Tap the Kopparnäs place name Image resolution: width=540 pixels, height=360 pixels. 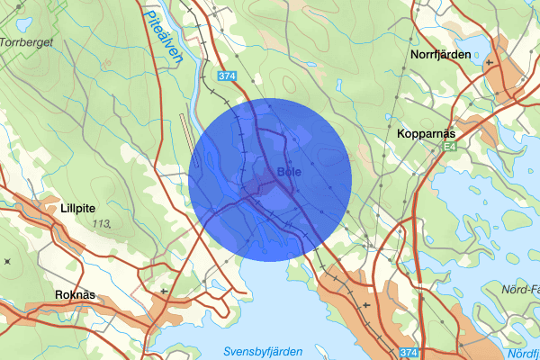[427, 133]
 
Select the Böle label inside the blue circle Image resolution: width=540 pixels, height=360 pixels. [289, 171]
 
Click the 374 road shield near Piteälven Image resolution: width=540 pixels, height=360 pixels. [227, 77]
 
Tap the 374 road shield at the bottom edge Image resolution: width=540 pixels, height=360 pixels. [409, 352]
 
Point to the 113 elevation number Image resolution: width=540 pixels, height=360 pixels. [112, 223]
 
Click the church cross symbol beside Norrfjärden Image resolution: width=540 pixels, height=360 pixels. [489, 63]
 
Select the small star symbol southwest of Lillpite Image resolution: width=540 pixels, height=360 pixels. [7, 261]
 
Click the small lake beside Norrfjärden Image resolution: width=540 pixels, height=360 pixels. [473, 45]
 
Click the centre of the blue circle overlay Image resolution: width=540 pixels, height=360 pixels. [270, 180]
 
